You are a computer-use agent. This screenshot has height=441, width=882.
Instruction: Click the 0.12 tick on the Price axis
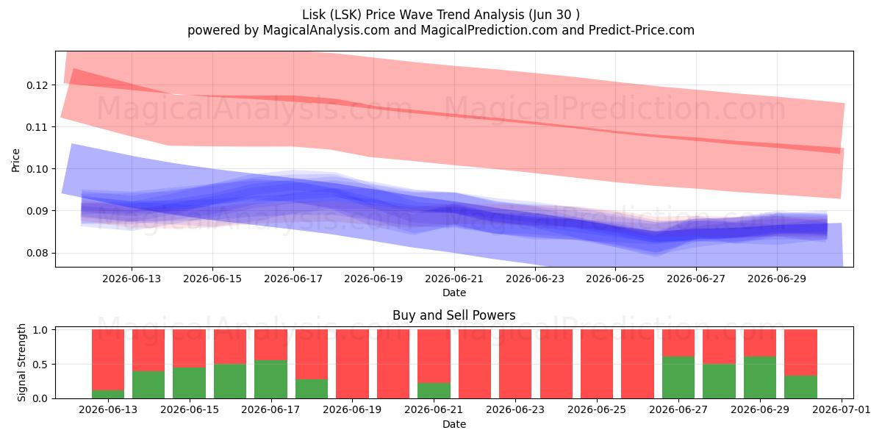tap(37, 85)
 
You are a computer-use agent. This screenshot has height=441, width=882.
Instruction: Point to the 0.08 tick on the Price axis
tap(37, 253)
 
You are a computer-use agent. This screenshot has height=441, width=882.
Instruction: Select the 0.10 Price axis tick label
tap(37, 169)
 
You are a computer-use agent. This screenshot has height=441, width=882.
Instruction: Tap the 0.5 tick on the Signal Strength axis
tap(40, 365)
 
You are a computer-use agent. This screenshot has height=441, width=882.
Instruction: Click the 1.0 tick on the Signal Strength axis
tap(40, 330)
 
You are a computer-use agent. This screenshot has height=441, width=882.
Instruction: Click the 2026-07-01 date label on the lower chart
tap(842, 410)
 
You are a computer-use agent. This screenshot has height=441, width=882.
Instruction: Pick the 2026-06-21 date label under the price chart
tap(454, 279)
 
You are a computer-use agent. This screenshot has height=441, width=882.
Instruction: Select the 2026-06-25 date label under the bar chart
tap(597, 410)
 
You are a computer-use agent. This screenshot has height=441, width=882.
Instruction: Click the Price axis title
tap(15, 160)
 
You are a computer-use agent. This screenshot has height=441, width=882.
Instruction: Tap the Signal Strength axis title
tap(21, 362)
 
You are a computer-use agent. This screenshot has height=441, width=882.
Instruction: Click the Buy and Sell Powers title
tap(454, 315)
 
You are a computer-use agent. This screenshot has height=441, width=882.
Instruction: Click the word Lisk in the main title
tap(314, 15)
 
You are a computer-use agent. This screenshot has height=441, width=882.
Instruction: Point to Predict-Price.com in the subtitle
tap(642, 30)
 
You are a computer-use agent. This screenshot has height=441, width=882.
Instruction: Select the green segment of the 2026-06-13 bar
tap(108, 394)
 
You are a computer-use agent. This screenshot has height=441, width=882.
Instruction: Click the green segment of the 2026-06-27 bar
tap(678, 378)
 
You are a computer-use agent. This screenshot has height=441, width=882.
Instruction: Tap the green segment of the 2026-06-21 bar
tap(434, 390)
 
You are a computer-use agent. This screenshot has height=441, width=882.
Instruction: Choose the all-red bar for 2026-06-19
tap(352, 364)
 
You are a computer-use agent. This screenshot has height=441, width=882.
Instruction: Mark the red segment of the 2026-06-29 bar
tap(760, 343)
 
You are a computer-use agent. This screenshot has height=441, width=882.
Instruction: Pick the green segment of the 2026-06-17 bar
tap(271, 379)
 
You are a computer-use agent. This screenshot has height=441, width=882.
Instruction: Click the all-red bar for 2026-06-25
tap(597, 364)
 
